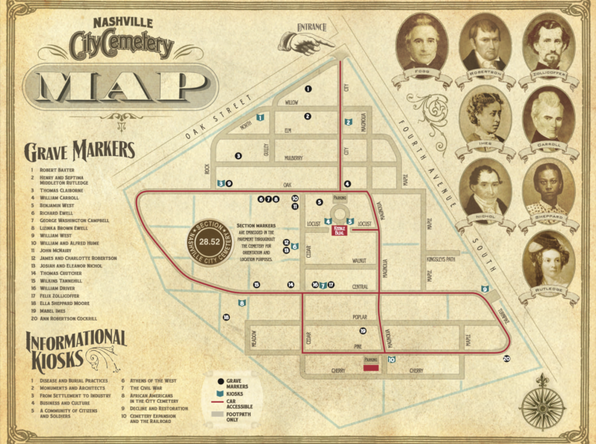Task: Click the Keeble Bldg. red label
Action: tap(339, 229)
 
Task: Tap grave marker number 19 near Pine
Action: tap(362, 331)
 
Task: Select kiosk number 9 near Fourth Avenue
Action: tap(485, 289)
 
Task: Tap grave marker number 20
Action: tap(507, 359)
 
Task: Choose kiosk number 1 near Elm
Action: tap(261, 117)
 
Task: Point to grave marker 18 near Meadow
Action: tap(227, 317)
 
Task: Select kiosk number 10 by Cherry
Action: tap(391, 359)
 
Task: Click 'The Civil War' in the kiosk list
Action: tap(146, 388)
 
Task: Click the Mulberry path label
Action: tap(293, 158)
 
